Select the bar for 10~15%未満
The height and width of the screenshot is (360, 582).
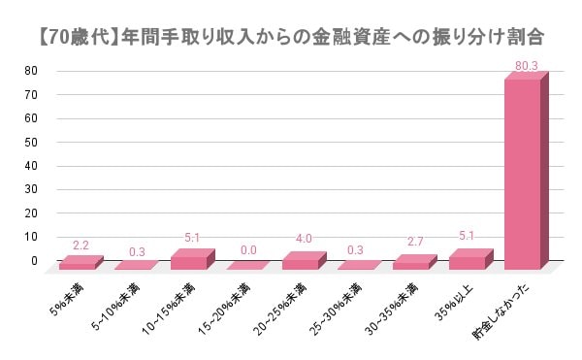pos(188,262)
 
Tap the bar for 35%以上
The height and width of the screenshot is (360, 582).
pos(467,262)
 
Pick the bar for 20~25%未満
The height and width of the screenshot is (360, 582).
pos(300,263)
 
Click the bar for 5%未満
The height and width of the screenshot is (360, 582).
pos(77,264)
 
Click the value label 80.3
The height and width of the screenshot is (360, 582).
pos(527,65)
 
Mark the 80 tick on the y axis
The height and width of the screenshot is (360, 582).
pos(32,71)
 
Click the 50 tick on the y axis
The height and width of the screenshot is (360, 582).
pos(32,142)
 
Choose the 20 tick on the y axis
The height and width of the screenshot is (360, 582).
pos(32,213)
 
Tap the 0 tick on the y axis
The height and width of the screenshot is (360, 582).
pos(35,261)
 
